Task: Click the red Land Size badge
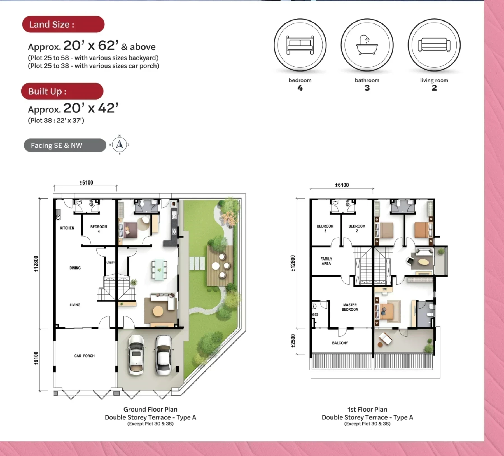click(63, 24)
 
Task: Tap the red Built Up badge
click(62, 91)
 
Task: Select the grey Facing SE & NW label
click(65, 145)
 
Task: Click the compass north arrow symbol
click(120, 145)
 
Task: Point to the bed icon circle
click(300, 45)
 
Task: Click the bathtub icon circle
click(367, 45)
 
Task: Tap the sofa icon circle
click(434, 45)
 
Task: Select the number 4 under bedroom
click(300, 88)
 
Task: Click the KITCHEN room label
click(67, 228)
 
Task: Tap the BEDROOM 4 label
click(99, 229)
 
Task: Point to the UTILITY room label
click(111, 263)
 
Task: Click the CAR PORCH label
click(84, 356)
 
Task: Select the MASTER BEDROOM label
click(350, 307)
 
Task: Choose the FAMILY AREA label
click(326, 261)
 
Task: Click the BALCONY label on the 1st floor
click(340, 343)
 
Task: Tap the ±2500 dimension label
click(293, 341)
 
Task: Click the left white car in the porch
click(136, 355)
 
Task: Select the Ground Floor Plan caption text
click(150, 409)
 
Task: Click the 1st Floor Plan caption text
click(367, 409)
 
